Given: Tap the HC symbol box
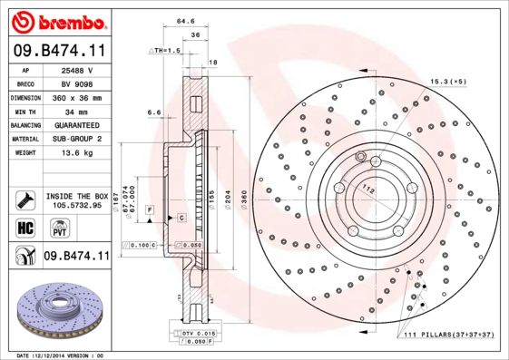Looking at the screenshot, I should [26, 228].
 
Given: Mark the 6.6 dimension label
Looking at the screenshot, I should [153, 112].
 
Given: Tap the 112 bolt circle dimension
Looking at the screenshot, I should [369, 188].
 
